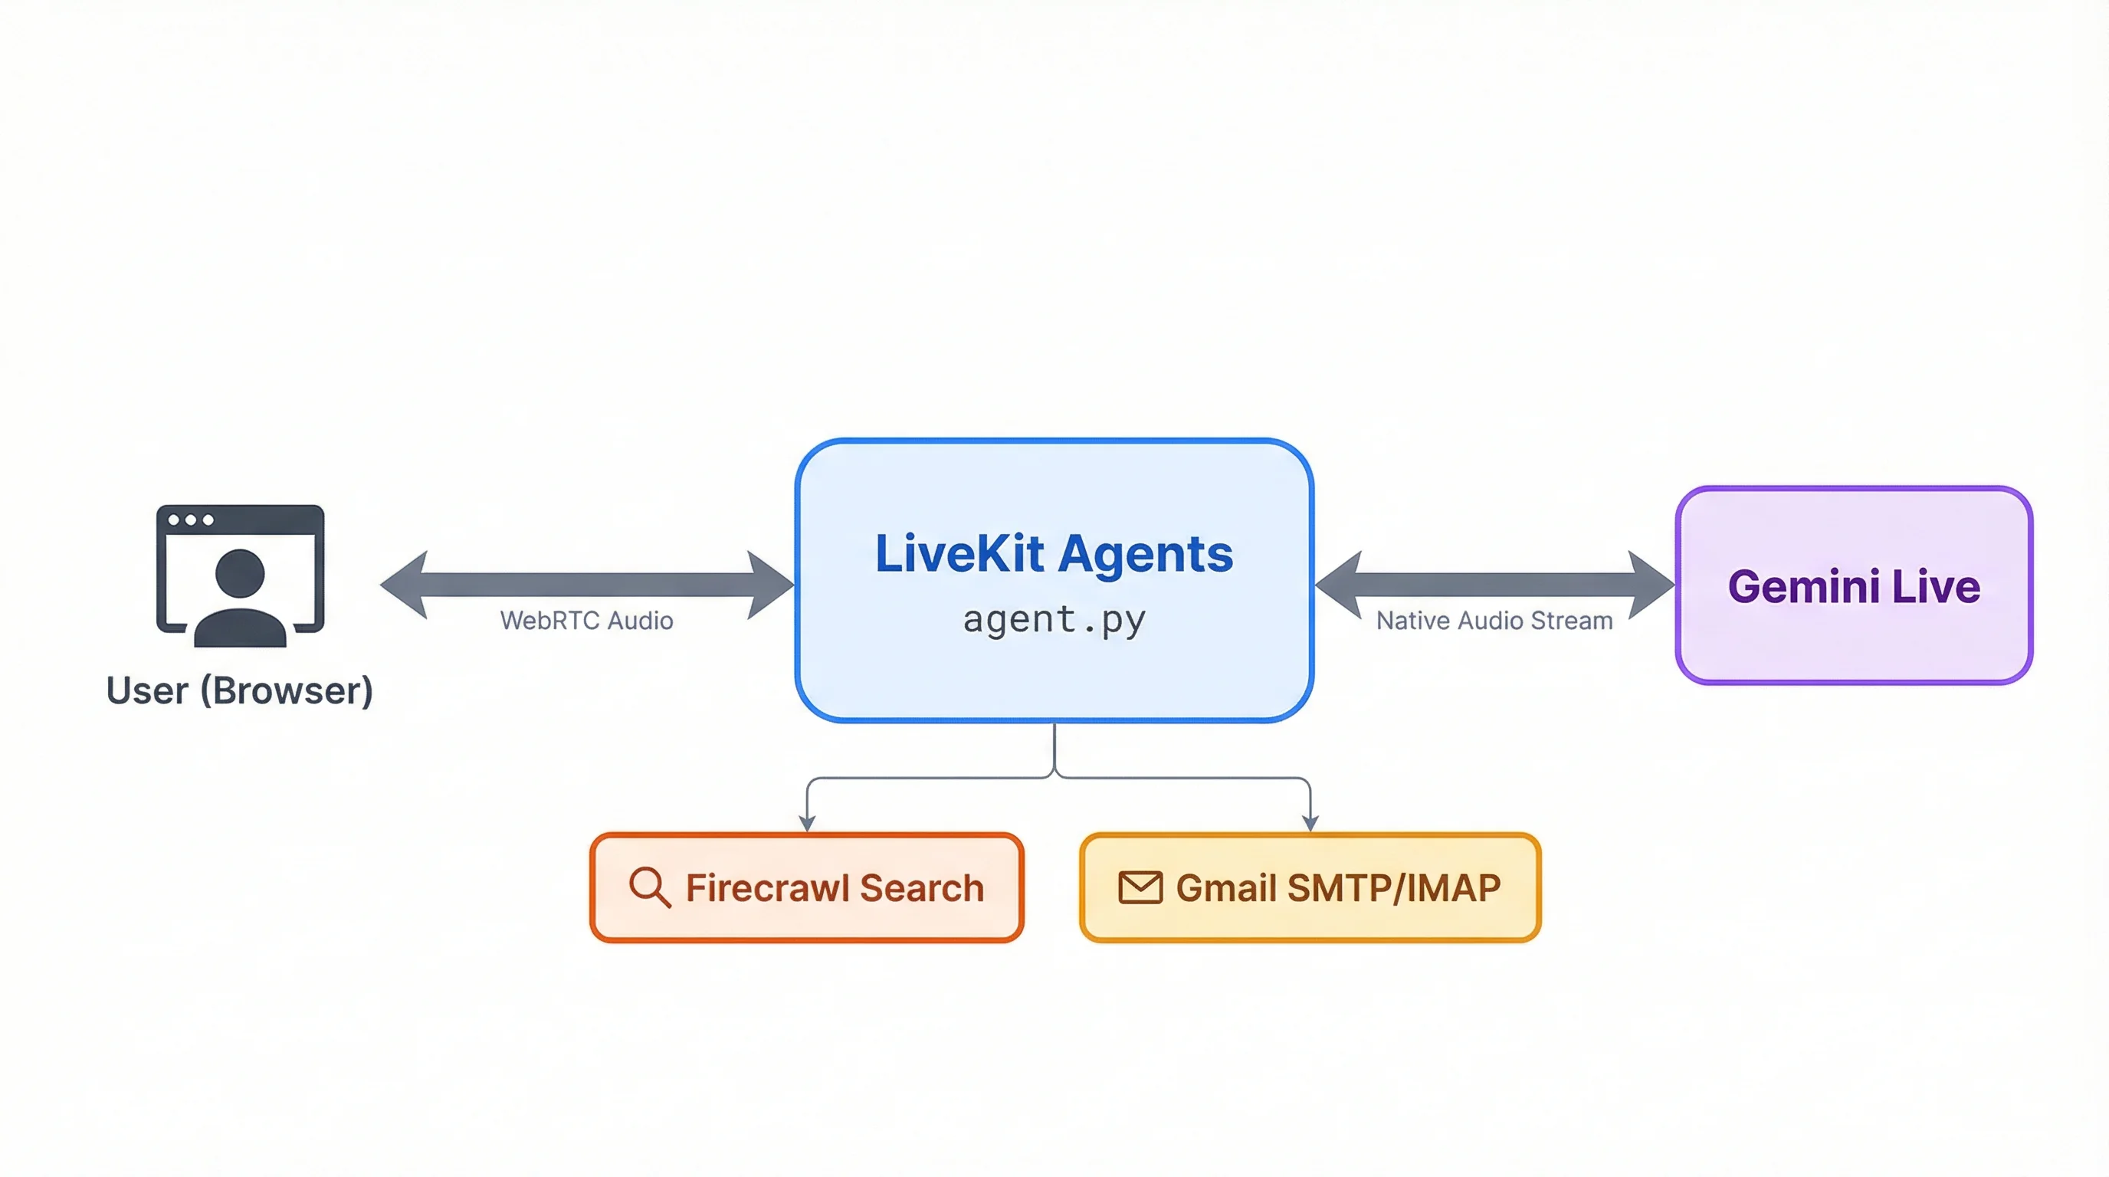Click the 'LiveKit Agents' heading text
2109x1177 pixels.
coord(1054,554)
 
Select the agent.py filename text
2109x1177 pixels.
coord(1054,620)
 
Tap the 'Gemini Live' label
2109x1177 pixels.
coord(1854,587)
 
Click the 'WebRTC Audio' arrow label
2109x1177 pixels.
coord(586,621)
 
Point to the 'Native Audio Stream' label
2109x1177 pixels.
coord(1494,621)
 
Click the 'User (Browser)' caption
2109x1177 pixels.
coord(240,691)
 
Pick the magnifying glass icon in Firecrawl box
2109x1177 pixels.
coord(649,887)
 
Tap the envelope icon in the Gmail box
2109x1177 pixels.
coord(1140,887)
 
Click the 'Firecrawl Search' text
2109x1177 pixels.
coord(835,888)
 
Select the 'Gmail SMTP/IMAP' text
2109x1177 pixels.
coord(1338,888)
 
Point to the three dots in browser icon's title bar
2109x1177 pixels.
coord(190,520)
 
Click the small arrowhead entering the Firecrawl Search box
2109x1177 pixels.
coord(807,822)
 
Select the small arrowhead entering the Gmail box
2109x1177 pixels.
coord(1310,822)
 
